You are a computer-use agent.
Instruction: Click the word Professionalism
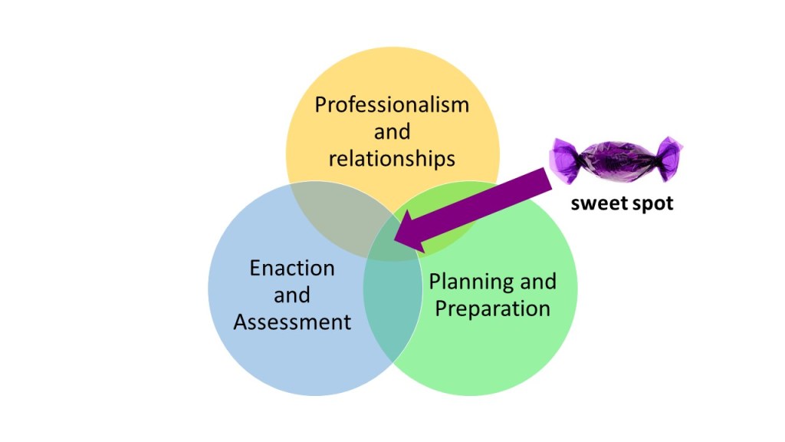392,104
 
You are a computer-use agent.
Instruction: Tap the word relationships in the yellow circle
392,158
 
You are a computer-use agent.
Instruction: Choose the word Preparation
492,308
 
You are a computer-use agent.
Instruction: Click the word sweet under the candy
596,205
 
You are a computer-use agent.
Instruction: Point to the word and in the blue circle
292,295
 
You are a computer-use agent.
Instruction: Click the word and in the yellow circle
392,131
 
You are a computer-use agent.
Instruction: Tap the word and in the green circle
537,282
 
